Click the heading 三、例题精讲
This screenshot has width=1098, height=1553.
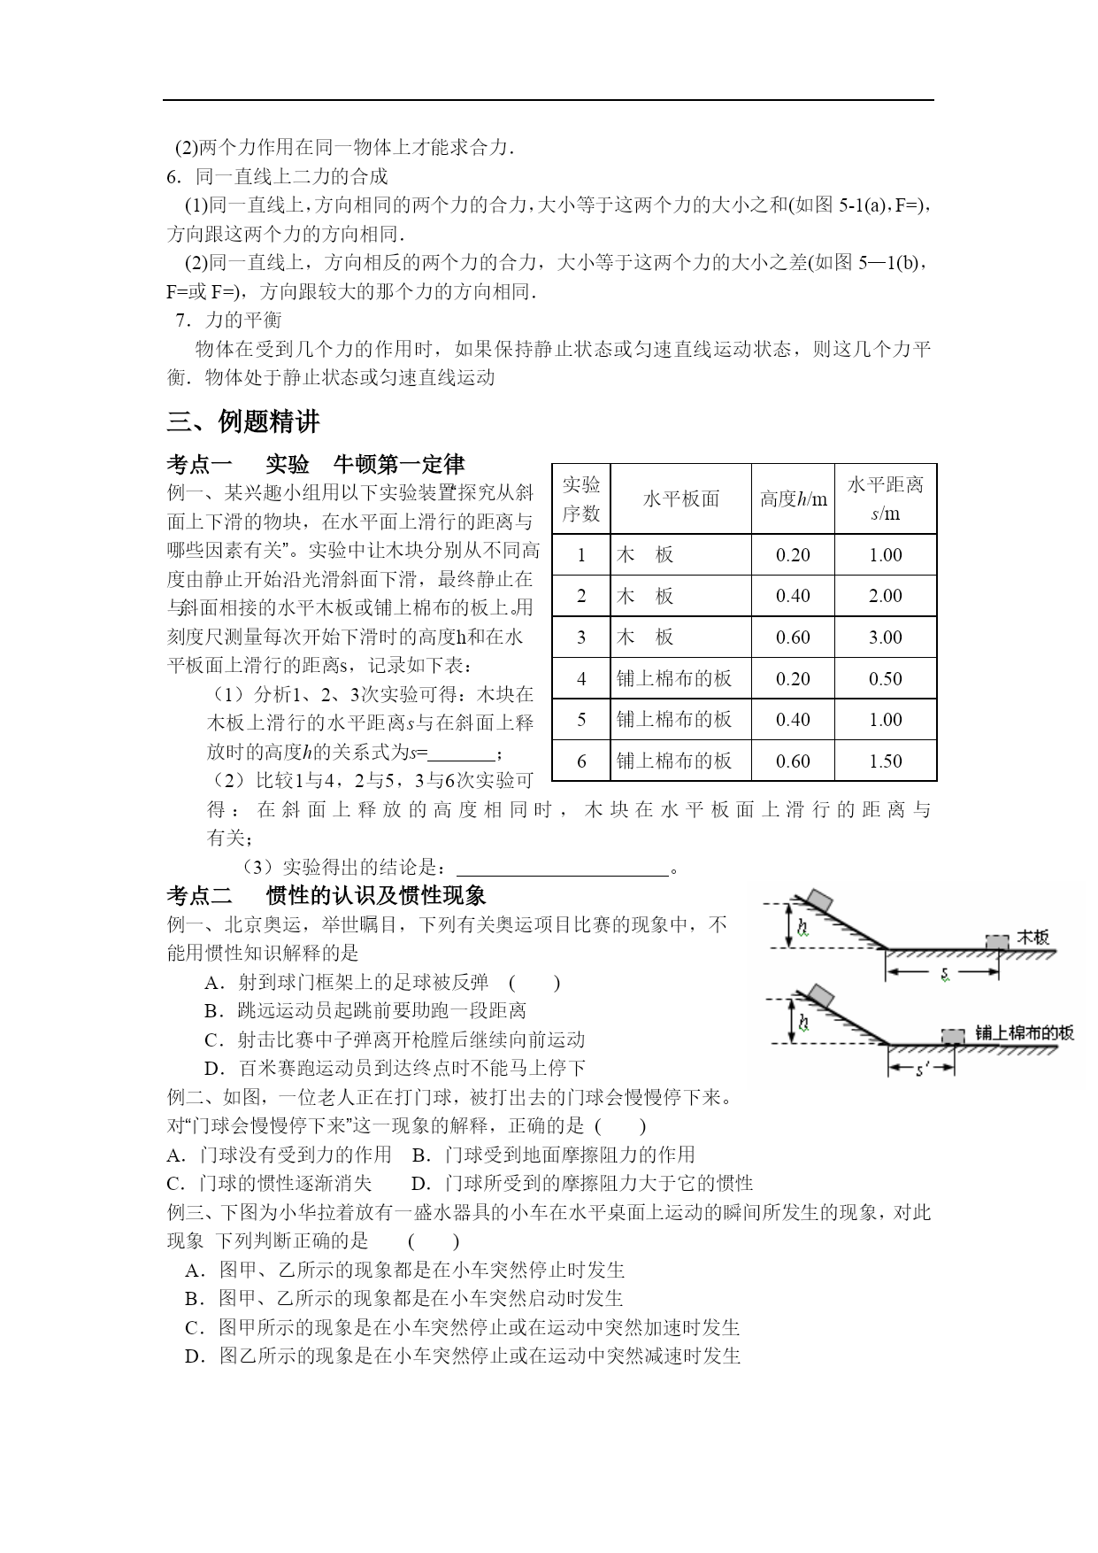[243, 422]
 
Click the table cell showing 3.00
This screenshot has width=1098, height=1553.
[885, 637]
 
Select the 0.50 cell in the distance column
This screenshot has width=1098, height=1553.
[885, 679]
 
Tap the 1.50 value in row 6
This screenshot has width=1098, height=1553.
[885, 761]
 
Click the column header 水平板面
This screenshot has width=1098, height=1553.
[680, 499]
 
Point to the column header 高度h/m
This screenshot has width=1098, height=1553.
[793, 499]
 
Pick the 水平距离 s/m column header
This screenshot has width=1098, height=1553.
[885, 498]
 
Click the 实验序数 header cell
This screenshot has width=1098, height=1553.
[581, 498]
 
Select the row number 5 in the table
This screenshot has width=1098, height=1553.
[581, 720]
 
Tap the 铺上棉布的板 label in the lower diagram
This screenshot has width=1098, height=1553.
[1025, 1032]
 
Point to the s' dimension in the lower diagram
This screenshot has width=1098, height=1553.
[921, 1070]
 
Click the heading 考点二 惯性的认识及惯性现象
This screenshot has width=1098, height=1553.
[326, 895]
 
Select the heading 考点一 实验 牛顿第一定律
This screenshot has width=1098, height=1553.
[315, 465]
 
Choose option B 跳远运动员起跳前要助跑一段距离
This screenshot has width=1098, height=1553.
[365, 1010]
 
